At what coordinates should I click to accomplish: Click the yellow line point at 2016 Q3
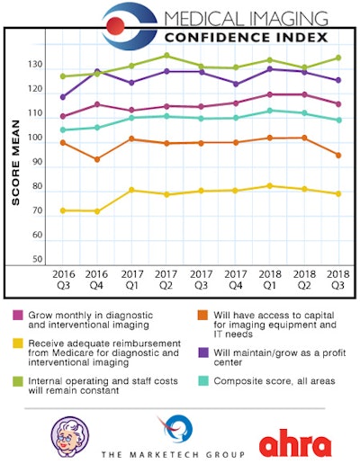tap(63, 210)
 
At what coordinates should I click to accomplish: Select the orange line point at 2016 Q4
tap(97, 159)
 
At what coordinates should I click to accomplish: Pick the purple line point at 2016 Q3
tap(63, 97)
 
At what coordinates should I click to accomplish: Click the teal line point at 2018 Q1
tap(269, 111)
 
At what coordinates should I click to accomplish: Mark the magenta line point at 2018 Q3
tap(338, 104)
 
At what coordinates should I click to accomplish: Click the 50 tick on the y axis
tap(39, 259)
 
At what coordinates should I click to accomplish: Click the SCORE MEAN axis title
tap(16, 162)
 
